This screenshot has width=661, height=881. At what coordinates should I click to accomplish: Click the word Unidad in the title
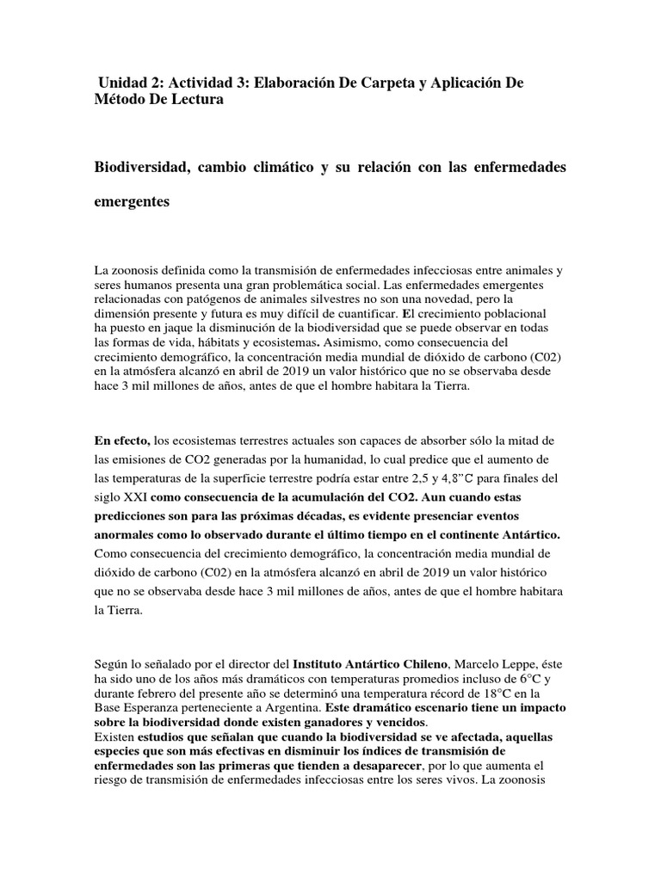[125, 83]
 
